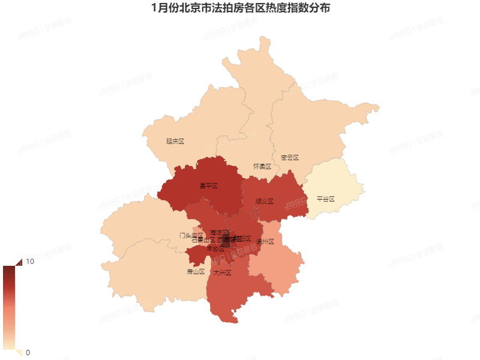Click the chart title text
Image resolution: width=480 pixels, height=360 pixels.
coord(240,8)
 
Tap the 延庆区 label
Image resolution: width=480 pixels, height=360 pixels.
coord(175,142)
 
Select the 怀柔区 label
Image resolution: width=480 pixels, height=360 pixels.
coord(262,166)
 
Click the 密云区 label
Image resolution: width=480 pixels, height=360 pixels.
coord(289,158)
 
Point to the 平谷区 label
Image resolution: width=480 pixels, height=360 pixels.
coord(325,199)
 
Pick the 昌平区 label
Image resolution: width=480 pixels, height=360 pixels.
coord(208,186)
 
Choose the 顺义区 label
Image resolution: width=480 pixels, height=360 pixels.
coord(264,202)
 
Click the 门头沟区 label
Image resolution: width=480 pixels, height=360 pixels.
coord(191,235)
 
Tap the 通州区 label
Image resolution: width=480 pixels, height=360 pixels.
coord(265,242)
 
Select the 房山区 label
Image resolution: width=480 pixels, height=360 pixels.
coord(196,272)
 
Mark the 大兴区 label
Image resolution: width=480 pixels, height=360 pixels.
coord(222,272)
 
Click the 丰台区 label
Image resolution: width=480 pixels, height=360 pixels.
coord(215,248)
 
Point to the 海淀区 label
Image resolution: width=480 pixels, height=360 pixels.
coord(219,232)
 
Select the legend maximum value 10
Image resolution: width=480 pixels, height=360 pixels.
coord(29,262)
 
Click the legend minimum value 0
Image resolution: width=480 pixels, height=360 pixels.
coord(28,352)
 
